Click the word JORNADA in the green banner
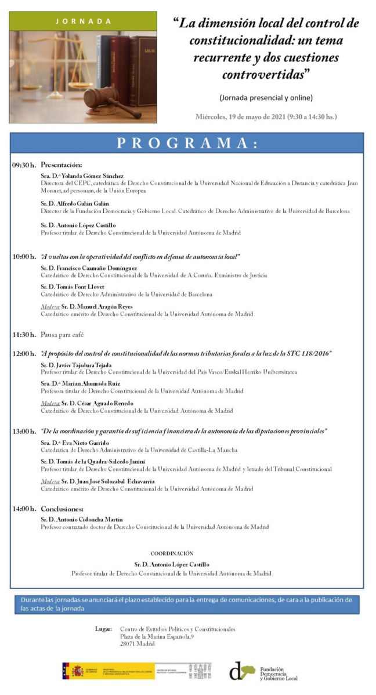pyautogui.click(x=83, y=21)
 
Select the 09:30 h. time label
pyautogui.click(x=24, y=165)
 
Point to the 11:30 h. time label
pyautogui.click(x=24, y=334)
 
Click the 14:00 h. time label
pyautogui.click(x=24, y=509)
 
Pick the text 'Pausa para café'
pyautogui.click(x=62, y=335)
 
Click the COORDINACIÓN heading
pyautogui.click(x=172, y=554)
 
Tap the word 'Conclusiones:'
pyautogui.click(x=63, y=509)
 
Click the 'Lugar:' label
pyautogui.click(x=103, y=629)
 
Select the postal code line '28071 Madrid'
pyautogui.click(x=138, y=643)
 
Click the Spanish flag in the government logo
pyautogui.click(x=77, y=671)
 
